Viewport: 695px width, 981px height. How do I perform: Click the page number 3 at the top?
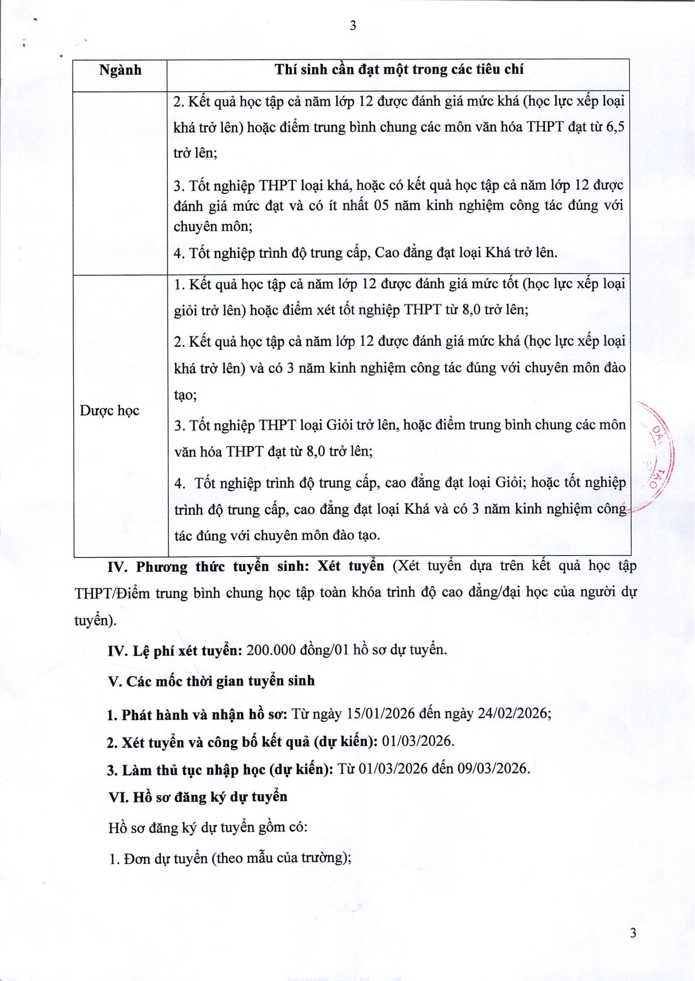coord(352,26)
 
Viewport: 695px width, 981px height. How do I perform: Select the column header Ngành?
coord(120,70)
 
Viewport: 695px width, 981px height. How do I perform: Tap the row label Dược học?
coord(110,411)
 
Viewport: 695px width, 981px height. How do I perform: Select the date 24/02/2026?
coord(516,714)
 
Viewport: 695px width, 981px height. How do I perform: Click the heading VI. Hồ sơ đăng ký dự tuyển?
coord(198,797)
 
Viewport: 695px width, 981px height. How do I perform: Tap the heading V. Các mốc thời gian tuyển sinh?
coord(211,681)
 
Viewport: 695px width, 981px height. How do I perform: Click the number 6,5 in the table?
coord(615,127)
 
